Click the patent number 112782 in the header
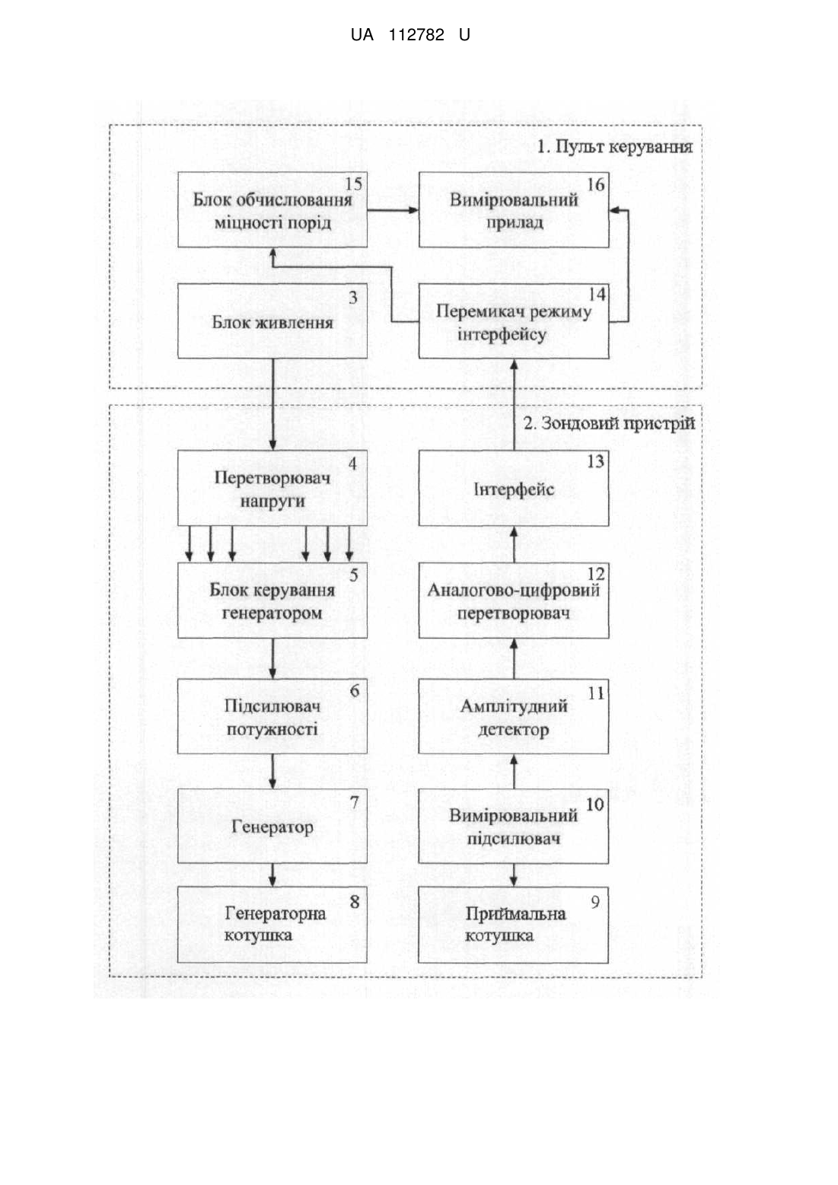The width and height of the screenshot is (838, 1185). [416, 35]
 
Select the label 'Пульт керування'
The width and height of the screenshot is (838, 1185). [623, 147]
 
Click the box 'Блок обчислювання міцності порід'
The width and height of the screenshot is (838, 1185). [272, 209]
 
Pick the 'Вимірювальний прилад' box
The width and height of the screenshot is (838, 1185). [514, 209]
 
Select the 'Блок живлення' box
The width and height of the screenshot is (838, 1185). [272, 320]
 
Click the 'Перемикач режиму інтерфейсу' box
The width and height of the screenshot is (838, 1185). [514, 320]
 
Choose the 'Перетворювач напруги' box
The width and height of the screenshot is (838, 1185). [272, 488]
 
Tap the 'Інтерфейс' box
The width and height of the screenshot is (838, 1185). [514, 488]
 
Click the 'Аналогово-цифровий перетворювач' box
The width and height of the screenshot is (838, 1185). [514, 600]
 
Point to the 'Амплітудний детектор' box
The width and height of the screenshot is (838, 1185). [514, 716]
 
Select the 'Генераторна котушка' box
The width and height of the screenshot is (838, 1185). [272, 925]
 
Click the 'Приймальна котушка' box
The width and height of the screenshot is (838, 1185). [513, 925]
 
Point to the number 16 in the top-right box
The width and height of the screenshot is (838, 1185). [596, 185]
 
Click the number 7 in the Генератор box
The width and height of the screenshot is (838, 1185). [355, 802]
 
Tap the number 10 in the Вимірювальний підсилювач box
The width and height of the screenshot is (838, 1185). [595, 804]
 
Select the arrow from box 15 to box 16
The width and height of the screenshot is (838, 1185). [393, 210]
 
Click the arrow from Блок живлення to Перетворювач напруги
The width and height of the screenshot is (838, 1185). [272, 404]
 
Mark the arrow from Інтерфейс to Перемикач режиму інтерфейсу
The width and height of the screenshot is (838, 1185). [514, 404]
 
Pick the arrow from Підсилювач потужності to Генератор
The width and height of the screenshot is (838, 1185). [272, 771]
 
